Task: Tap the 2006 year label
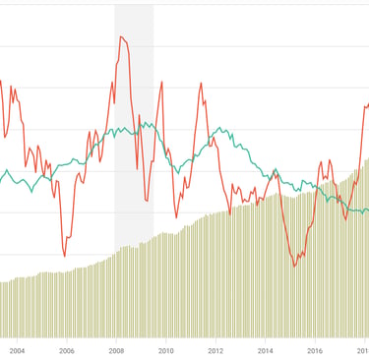66,349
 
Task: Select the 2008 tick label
116,349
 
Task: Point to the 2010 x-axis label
165,349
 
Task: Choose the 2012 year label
215,349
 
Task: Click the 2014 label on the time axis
266,349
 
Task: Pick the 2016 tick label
315,349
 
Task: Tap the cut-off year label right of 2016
362,349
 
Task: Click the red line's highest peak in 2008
121,36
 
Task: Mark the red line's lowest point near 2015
294,267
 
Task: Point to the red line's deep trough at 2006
65,256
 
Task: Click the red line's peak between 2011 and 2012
202,83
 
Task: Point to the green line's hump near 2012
218,129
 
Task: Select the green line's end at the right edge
366,209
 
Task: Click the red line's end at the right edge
367,103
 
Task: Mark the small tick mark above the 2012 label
215,337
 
